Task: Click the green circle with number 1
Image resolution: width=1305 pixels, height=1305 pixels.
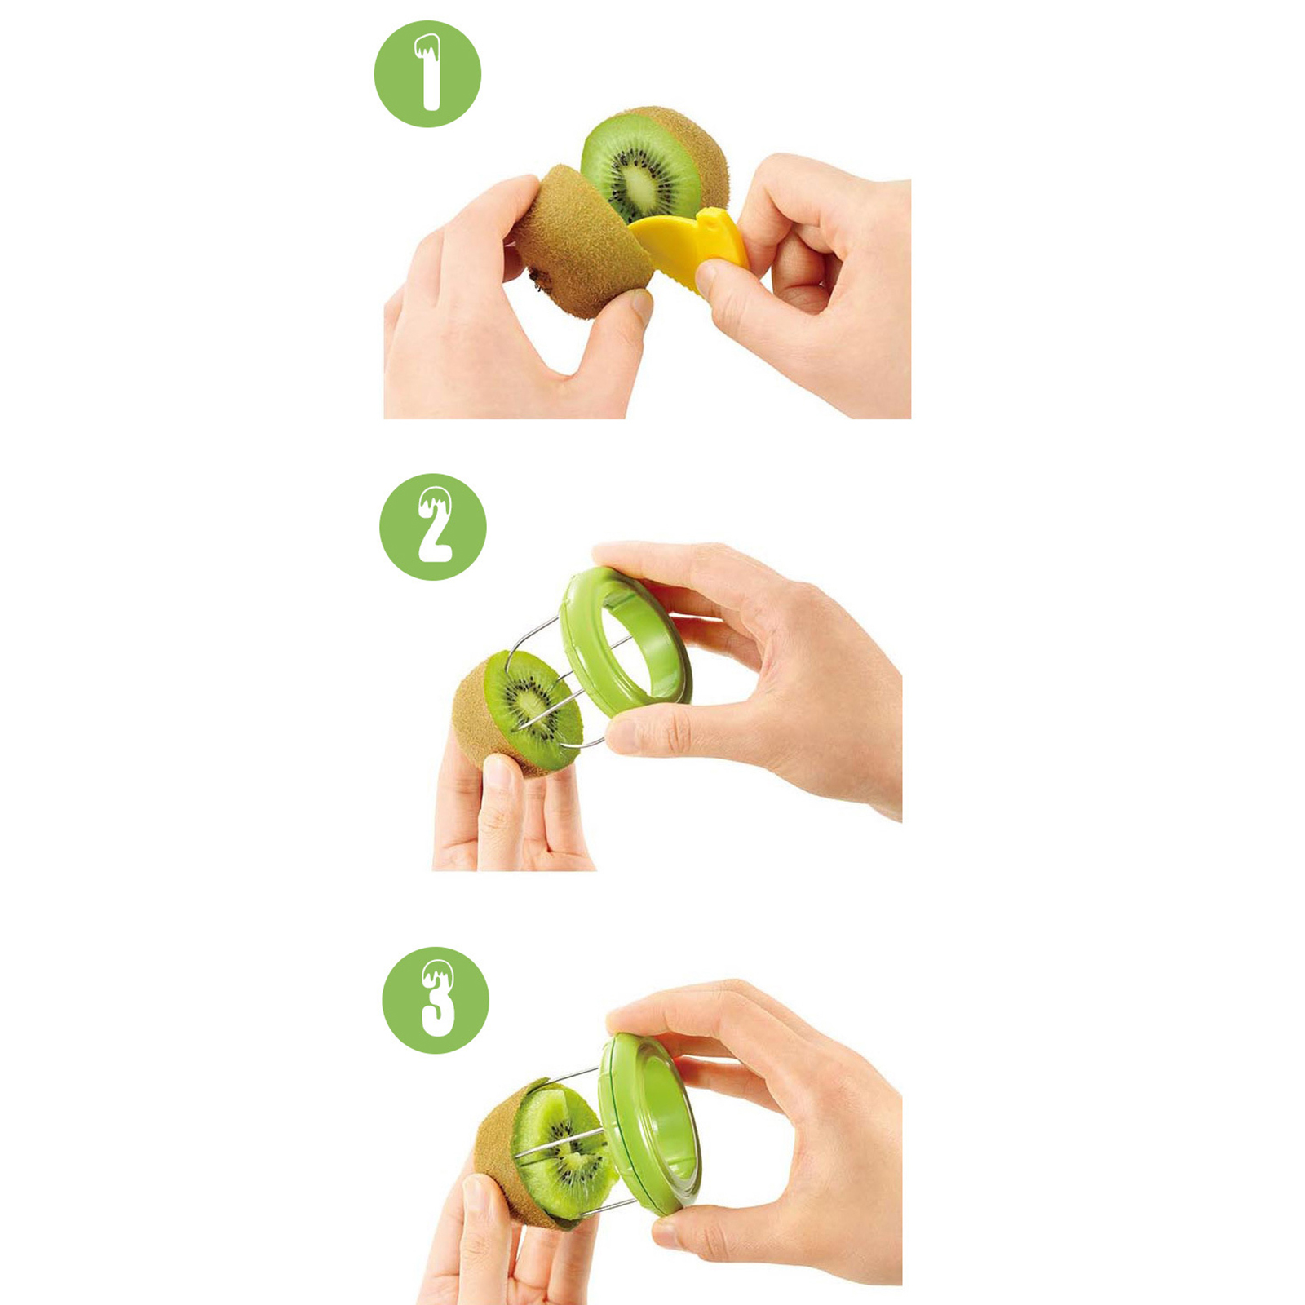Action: coord(427,74)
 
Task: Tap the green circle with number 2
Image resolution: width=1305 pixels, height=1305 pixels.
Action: coord(433,527)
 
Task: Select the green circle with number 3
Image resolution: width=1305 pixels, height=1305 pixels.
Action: coord(436,1000)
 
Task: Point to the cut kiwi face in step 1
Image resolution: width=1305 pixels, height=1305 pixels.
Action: coord(641,168)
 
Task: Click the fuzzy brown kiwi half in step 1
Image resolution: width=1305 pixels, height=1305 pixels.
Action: coord(581,242)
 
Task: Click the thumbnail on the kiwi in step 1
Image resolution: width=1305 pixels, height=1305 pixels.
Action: coord(642,307)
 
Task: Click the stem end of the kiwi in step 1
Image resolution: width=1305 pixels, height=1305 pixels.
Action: coord(537,280)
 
